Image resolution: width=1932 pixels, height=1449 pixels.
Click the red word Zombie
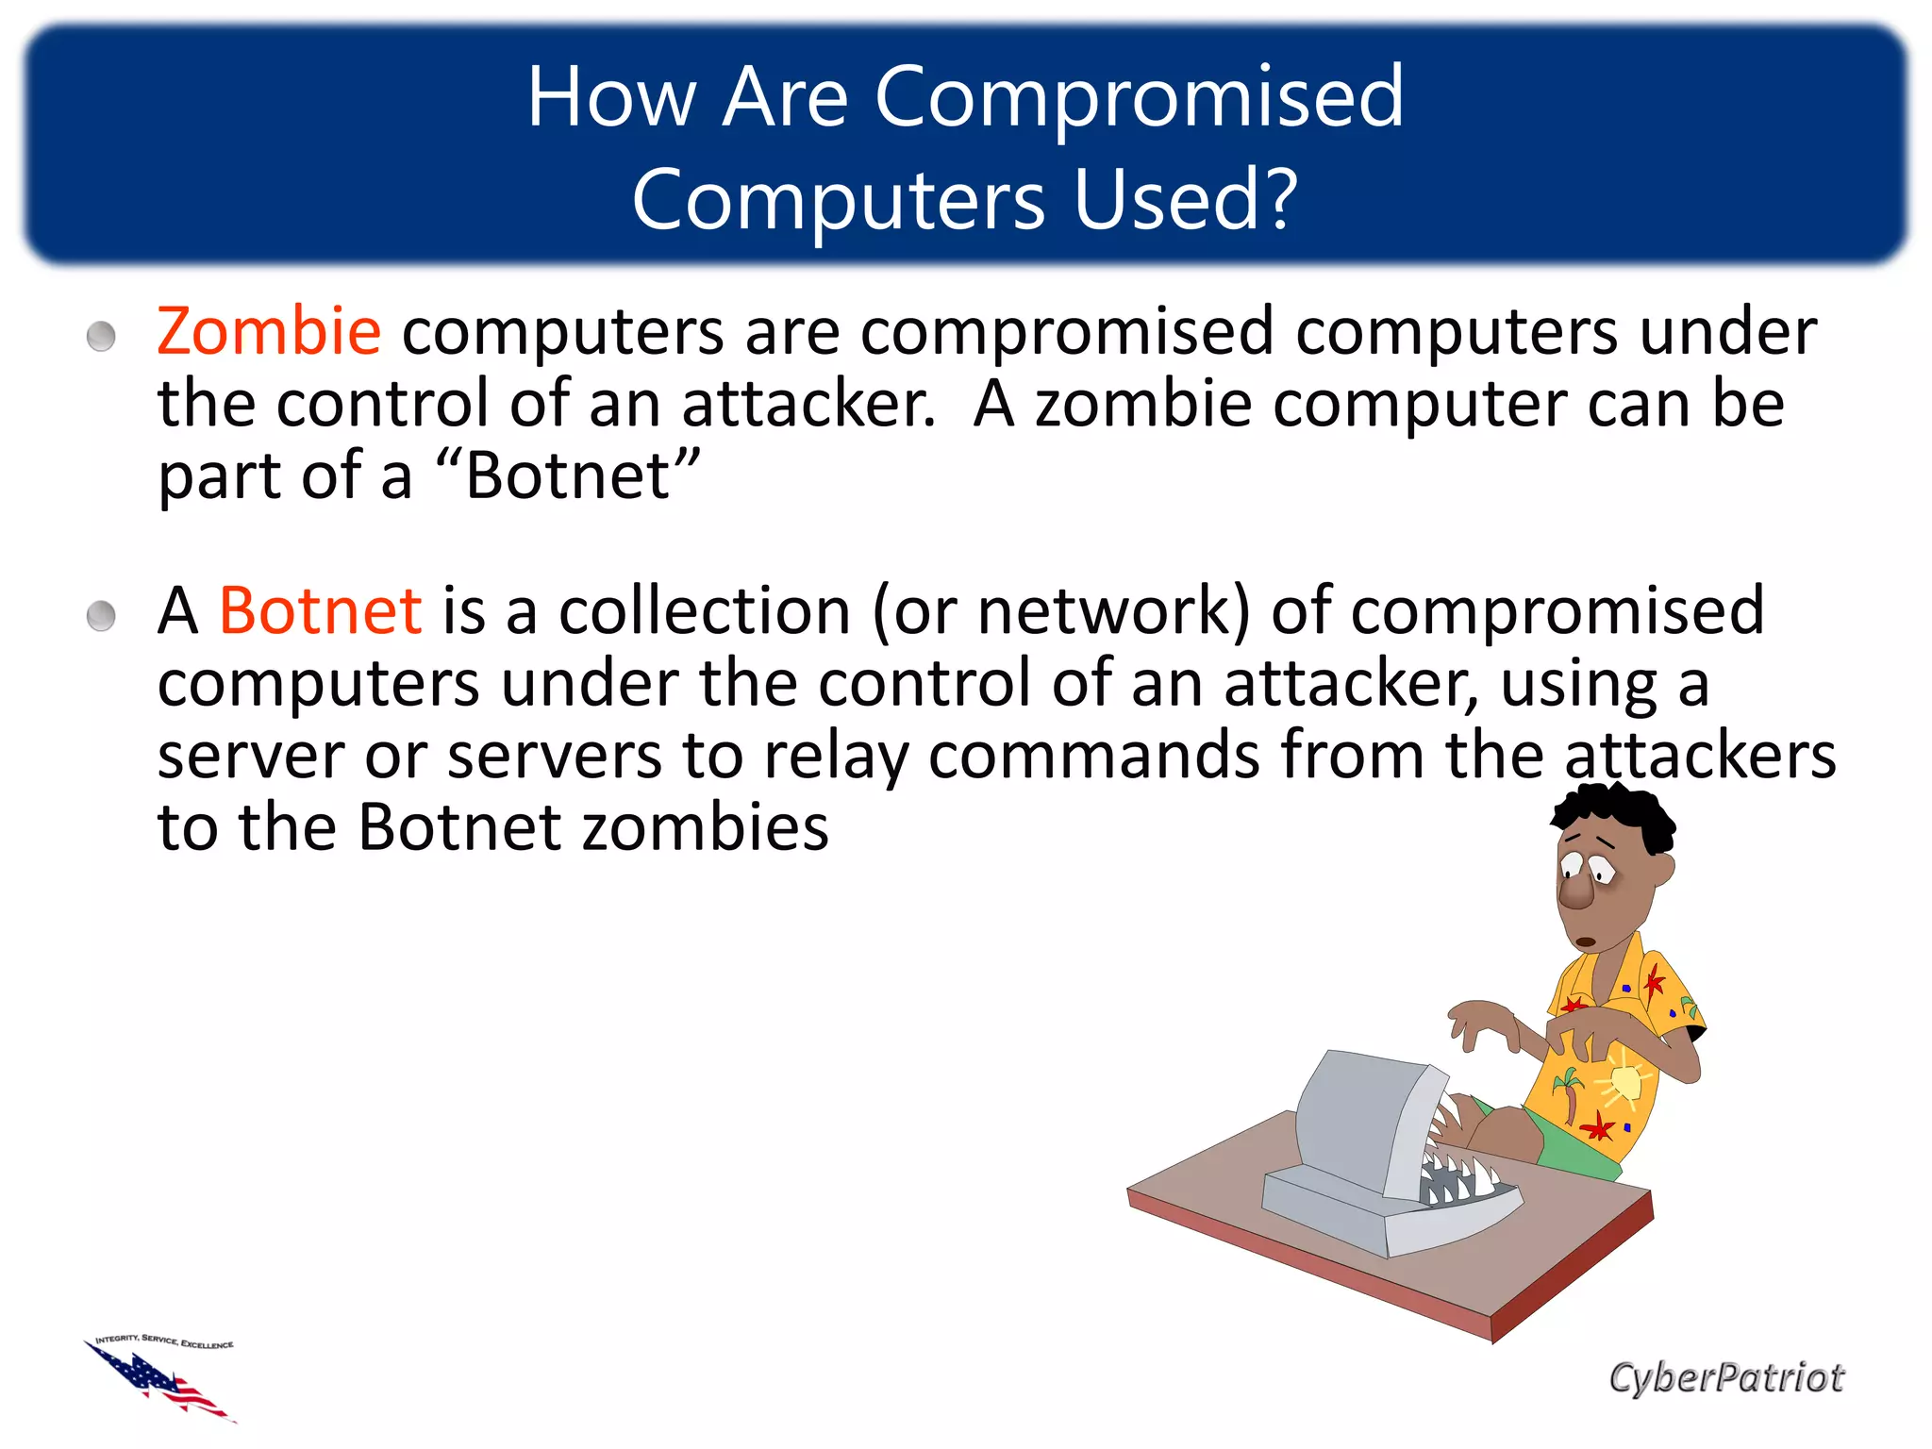pos(269,331)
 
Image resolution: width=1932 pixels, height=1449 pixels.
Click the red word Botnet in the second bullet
pos(320,611)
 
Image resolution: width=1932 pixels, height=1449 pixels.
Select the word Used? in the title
pos(1186,199)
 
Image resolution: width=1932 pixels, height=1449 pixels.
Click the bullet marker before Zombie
pos(101,337)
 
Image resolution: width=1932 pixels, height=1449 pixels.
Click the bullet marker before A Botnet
pos(101,617)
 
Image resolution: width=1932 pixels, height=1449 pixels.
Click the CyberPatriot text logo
pos(1725,1377)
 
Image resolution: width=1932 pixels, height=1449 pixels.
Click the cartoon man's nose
pos(1574,891)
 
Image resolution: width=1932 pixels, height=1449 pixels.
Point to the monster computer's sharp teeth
pos(1457,1174)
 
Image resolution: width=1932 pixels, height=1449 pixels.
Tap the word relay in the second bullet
pos(836,757)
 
